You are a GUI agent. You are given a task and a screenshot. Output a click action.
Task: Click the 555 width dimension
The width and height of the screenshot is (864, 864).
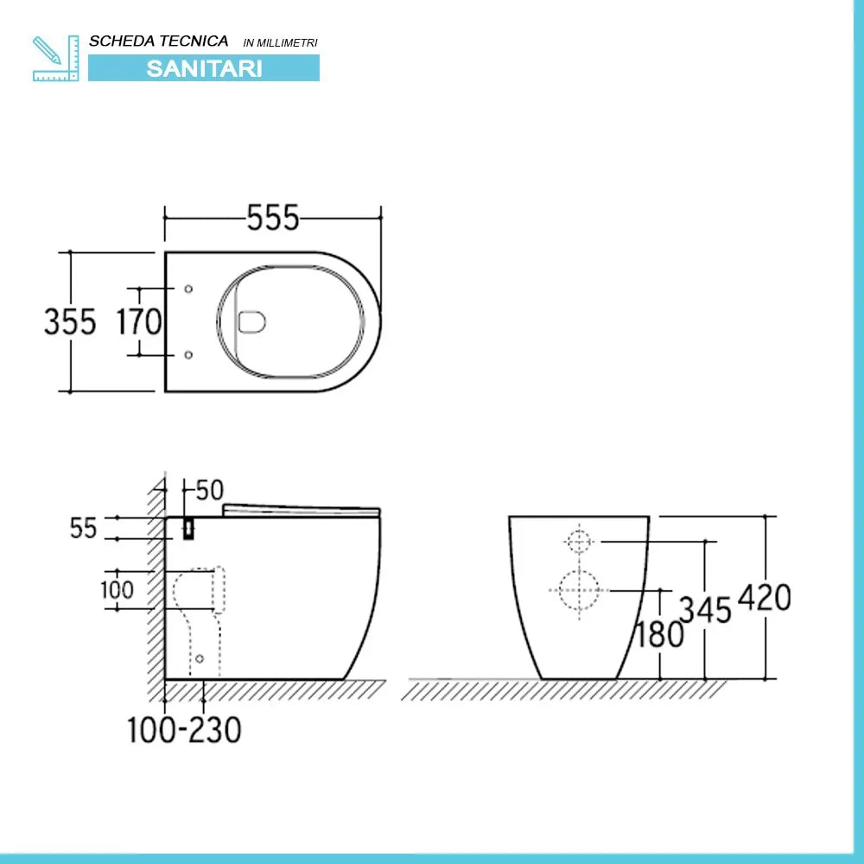[272, 219]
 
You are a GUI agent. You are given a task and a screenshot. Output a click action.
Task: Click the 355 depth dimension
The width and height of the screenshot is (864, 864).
[70, 322]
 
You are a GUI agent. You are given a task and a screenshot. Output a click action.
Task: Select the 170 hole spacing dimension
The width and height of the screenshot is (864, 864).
[139, 322]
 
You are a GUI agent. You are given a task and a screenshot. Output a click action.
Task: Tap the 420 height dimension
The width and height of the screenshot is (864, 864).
[765, 597]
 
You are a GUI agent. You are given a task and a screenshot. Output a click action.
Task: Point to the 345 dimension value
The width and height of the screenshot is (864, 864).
[705, 610]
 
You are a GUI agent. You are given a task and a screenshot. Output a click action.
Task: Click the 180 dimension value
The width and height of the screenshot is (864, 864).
[659, 635]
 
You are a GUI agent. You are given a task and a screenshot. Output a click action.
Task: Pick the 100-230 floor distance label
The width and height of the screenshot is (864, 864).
[184, 730]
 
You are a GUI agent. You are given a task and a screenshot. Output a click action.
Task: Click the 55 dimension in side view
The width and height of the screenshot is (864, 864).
[84, 529]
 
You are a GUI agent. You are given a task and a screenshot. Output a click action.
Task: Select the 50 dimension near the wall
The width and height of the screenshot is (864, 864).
[209, 491]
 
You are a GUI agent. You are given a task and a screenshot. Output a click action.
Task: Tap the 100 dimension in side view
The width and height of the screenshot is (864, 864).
[117, 590]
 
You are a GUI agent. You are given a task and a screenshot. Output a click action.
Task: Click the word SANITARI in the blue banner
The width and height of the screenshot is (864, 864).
[204, 68]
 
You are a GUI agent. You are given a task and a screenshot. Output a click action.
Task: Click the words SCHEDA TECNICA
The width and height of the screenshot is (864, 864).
[159, 41]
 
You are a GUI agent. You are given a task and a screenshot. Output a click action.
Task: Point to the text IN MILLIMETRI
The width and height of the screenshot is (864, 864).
[281, 42]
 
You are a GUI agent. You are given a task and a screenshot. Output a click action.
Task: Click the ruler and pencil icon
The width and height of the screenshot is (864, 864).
[55, 58]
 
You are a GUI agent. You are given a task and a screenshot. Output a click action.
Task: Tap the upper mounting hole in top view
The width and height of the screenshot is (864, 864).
[189, 289]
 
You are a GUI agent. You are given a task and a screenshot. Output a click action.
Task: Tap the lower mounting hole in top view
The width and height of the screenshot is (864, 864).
[189, 354]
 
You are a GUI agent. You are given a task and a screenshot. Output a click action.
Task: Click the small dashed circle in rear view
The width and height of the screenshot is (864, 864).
[578, 542]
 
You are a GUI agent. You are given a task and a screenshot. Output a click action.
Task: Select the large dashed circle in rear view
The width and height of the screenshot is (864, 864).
[579, 591]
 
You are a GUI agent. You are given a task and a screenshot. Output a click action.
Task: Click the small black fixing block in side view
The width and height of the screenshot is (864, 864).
[188, 529]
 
